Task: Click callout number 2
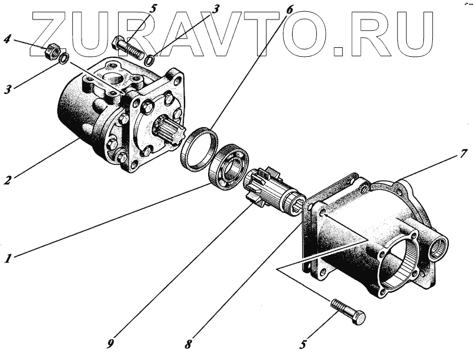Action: click(7, 180)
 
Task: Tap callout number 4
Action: click(7, 40)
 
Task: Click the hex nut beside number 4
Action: click(52, 52)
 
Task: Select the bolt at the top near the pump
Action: click(128, 47)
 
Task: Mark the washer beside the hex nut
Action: click(64, 58)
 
